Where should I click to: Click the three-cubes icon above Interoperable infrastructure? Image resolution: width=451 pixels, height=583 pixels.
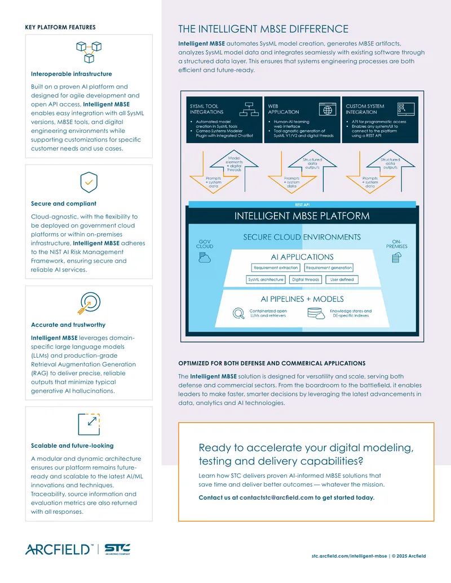pyautogui.click(x=89, y=52)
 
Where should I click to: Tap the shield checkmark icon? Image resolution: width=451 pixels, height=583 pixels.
pyautogui.click(x=89, y=182)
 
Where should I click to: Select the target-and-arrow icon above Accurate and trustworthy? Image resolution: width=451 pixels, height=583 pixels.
pyautogui.click(x=89, y=303)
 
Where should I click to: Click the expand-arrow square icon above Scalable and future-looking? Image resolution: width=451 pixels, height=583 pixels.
pyautogui.click(x=89, y=424)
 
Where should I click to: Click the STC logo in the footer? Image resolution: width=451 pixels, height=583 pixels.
pyautogui.click(x=117, y=549)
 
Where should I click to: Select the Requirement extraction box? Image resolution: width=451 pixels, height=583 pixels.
pyautogui.click(x=276, y=268)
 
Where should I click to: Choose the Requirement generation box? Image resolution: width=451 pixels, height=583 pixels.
pyautogui.click(x=329, y=268)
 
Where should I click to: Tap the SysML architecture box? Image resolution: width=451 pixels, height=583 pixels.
pyautogui.click(x=266, y=279)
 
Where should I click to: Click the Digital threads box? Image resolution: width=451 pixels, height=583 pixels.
pyautogui.click(x=306, y=279)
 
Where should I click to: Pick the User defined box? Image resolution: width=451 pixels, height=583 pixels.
pyautogui.click(x=342, y=279)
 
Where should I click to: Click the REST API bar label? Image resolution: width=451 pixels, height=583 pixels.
pyautogui.click(x=302, y=205)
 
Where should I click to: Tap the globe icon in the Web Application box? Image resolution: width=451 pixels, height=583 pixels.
pyautogui.click(x=328, y=110)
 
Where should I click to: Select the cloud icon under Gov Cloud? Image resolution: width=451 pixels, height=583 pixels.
pyautogui.click(x=204, y=257)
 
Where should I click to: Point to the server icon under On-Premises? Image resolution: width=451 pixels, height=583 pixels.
pyautogui.click(x=397, y=257)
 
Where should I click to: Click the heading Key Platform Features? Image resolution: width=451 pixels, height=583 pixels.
pyautogui.click(x=60, y=27)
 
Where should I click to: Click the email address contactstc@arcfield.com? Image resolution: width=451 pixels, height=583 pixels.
pyautogui.click(x=276, y=497)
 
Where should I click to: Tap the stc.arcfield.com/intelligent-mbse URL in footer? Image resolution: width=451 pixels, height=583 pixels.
pyautogui.click(x=350, y=556)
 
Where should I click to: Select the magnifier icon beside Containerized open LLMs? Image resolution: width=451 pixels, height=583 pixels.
pyautogui.click(x=238, y=313)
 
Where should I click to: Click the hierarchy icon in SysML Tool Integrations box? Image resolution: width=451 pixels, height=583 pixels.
pyautogui.click(x=249, y=109)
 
